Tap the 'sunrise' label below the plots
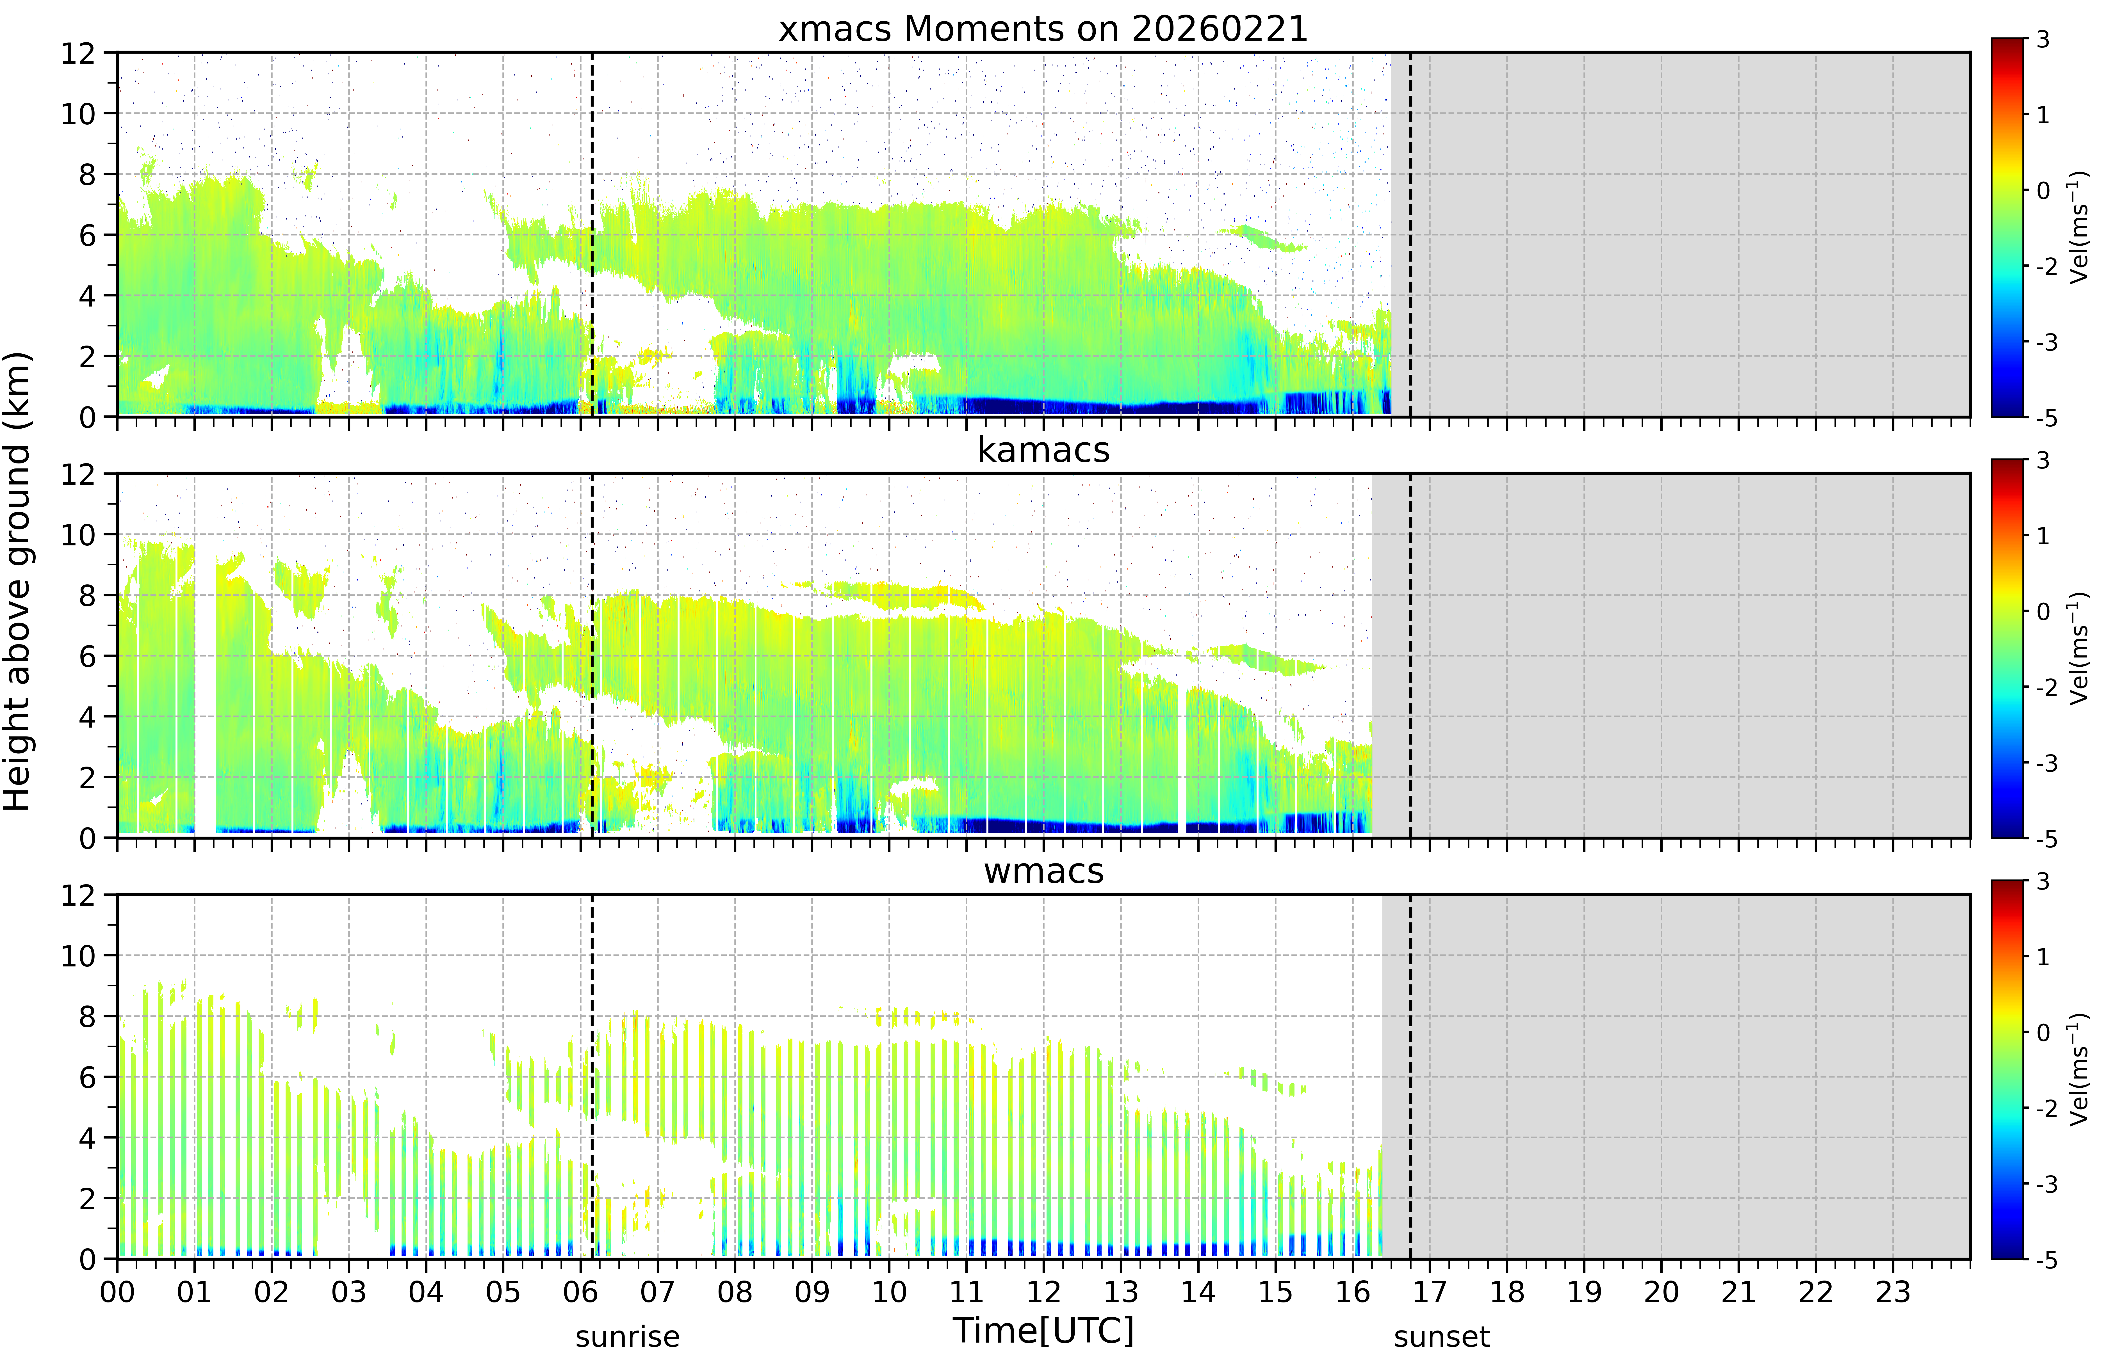coord(627,1337)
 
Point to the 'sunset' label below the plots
coord(1441,1337)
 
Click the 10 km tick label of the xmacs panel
coord(78,113)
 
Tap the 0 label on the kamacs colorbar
coord(2043,611)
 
